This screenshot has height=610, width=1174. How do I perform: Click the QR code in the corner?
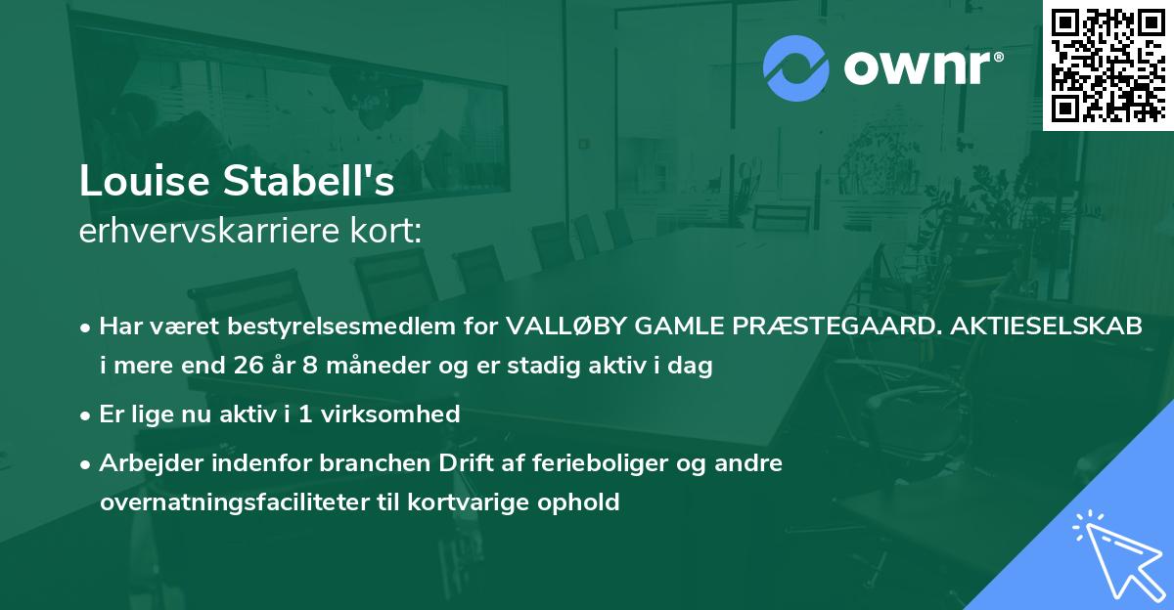(1107, 65)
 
